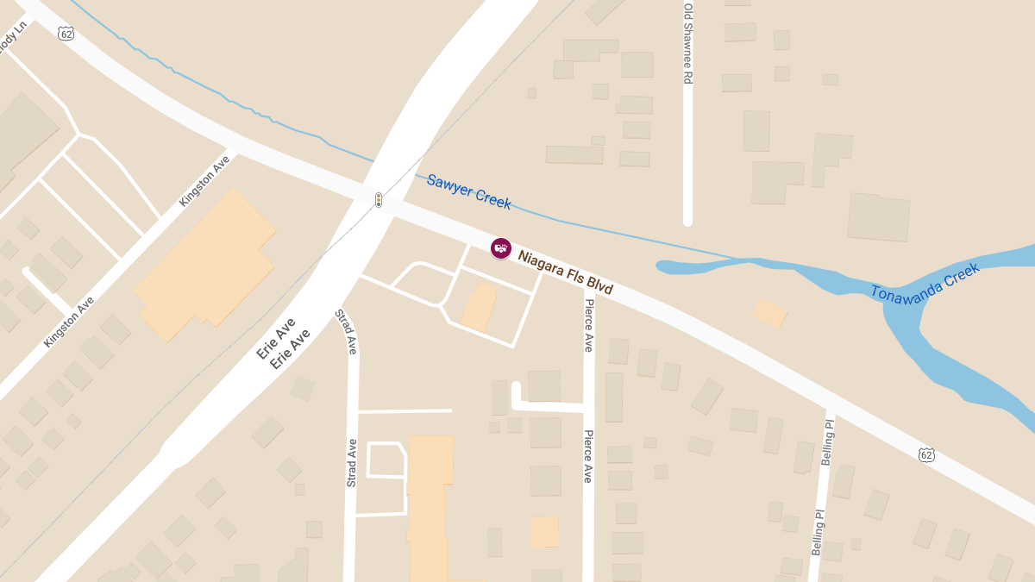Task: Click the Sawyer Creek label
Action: click(468, 191)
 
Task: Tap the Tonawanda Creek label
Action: click(925, 282)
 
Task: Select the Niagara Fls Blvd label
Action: click(565, 272)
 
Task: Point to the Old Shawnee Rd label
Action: click(688, 43)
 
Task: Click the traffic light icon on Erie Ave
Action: click(378, 200)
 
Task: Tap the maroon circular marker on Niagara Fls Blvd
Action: click(500, 248)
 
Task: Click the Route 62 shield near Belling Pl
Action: click(926, 454)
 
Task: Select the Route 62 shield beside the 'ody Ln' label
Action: click(66, 34)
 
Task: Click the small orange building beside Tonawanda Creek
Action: click(769, 313)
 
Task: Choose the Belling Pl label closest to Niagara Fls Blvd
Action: click(828, 442)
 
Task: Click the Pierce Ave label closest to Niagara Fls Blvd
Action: click(589, 325)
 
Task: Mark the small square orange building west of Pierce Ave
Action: click(544, 531)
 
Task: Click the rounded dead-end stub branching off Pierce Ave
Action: click(517, 389)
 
